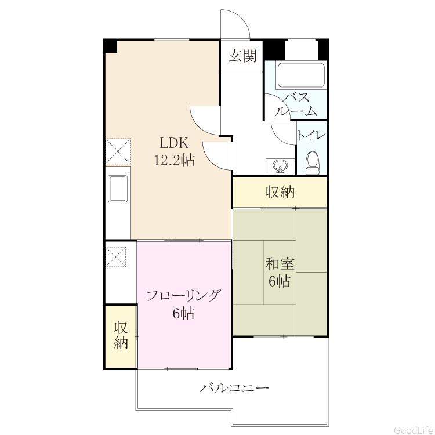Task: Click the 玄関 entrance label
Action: coord(242,56)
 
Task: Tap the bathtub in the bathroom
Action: coord(301,75)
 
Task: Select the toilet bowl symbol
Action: coord(313,163)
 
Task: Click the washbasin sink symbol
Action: coord(280,166)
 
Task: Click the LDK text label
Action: coord(174,143)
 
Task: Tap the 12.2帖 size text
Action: coord(174,160)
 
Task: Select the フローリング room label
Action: coord(183,296)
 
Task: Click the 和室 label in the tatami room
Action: coord(280,264)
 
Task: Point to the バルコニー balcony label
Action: coord(235,387)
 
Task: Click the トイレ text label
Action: coord(311,136)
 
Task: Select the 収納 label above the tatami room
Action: coord(280,192)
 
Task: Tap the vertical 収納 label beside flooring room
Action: coord(121,335)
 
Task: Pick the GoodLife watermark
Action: coord(414,430)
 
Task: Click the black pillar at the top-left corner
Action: coord(110,45)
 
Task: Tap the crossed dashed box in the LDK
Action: coord(118,151)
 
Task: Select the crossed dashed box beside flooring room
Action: coord(116,256)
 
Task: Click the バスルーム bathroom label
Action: coord(296,105)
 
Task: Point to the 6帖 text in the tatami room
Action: coord(280,281)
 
